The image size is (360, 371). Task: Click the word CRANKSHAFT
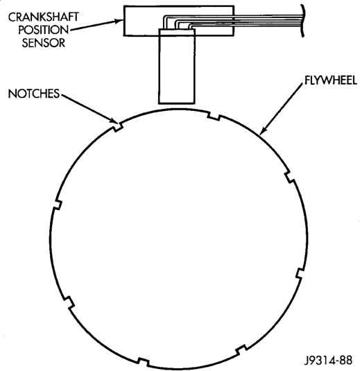point(44,17)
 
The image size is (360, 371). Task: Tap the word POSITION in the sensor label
point(44,30)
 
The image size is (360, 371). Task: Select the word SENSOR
point(44,43)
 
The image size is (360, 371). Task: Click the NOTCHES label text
point(34,94)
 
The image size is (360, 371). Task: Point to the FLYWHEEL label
point(330,80)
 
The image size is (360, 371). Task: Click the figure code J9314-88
point(328,361)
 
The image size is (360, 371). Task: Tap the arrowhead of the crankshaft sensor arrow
point(119,21)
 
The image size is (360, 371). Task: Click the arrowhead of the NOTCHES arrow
point(114,120)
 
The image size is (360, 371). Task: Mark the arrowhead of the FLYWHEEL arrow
point(262,131)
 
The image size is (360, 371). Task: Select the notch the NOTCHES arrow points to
point(118,127)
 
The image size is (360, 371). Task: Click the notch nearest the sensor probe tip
point(214,117)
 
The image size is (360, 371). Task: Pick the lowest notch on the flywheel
point(144,361)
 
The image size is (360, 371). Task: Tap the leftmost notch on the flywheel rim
point(58,205)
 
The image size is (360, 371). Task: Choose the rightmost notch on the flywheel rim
point(300,273)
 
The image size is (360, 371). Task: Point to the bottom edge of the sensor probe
point(177,103)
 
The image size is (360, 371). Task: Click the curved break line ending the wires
point(302,21)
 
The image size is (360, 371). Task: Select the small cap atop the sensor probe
point(177,32)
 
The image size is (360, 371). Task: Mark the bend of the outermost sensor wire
point(164,17)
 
